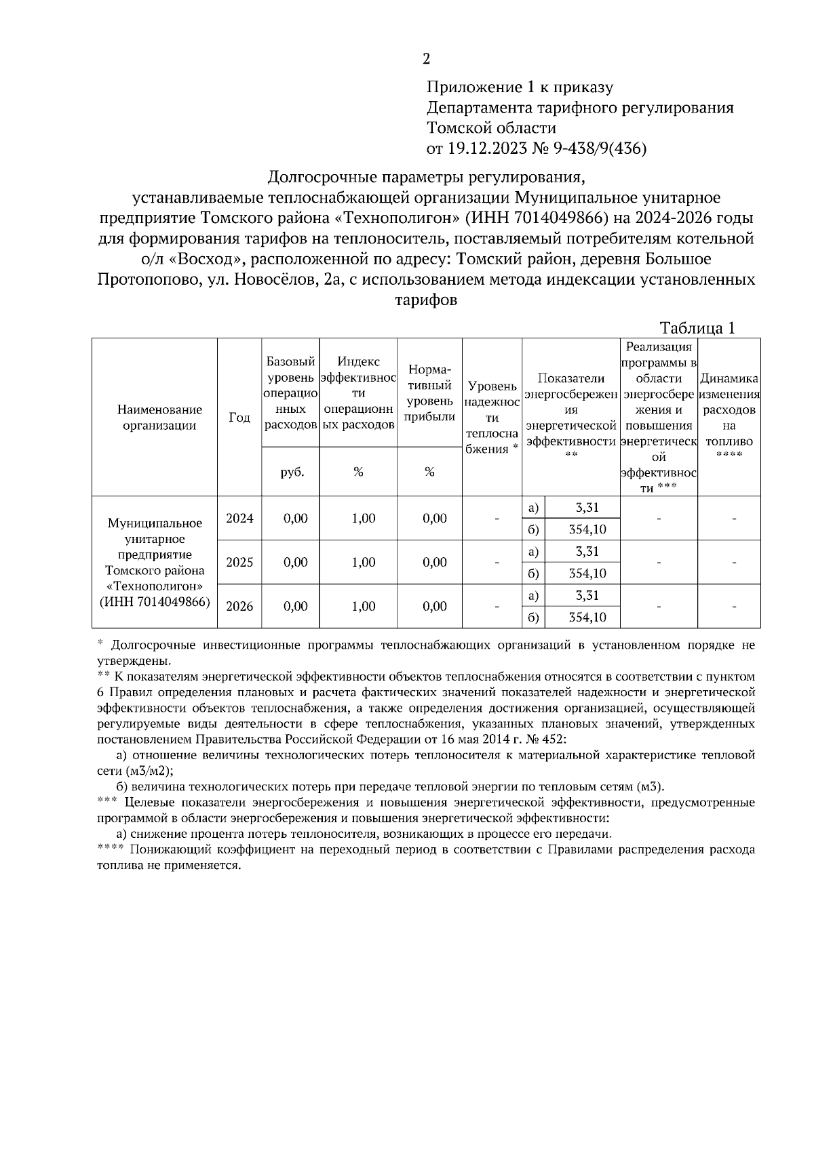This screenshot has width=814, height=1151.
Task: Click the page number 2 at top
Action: click(x=426, y=59)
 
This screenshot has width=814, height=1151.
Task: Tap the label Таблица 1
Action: click(x=698, y=328)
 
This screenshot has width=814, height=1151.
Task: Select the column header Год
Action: click(x=239, y=418)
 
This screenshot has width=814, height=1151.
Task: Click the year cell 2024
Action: click(x=239, y=519)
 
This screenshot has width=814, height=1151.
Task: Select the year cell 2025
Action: click(x=239, y=563)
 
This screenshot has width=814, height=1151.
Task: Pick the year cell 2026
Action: click(x=239, y=607)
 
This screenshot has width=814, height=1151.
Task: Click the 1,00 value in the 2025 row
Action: click(x=364, y=563)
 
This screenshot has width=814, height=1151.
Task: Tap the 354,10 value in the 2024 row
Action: click(x=587, y=529)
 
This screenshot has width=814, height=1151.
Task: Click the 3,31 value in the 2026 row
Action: click(x=587, y=596)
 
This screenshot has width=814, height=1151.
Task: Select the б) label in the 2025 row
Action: click(x=533, y=573)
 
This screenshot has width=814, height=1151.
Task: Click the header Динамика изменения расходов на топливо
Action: click(x=729, y=411)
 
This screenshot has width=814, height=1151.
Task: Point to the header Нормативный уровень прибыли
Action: click(x=429, y=393)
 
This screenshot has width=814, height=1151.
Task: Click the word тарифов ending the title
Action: click(x=426, y=300)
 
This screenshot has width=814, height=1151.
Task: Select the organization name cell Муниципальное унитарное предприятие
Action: click(x=155, y=562)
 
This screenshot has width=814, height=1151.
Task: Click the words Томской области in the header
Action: click(x=491, y=127)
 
